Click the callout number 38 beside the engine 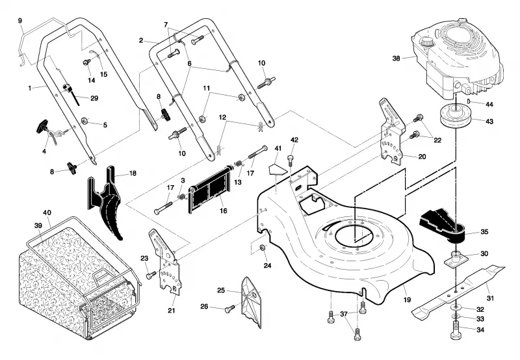(x=396, y=58)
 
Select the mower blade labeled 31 (x=458, y=292)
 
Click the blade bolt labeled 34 (x=456, y=331)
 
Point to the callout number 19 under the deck (x=408, y=300)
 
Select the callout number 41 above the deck (x=278, y=148)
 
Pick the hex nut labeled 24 (x=263, y=248)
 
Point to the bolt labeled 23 (x=151, y=275)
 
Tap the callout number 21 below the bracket (x=171, y=311)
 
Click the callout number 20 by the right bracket (x=422, y=157)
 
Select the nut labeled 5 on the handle (x=85, y=120)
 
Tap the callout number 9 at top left (x=20, y=21)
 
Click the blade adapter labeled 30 (x=456, y=257)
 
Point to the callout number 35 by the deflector (x=484, y=232)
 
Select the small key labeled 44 (x=469, y=101)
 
